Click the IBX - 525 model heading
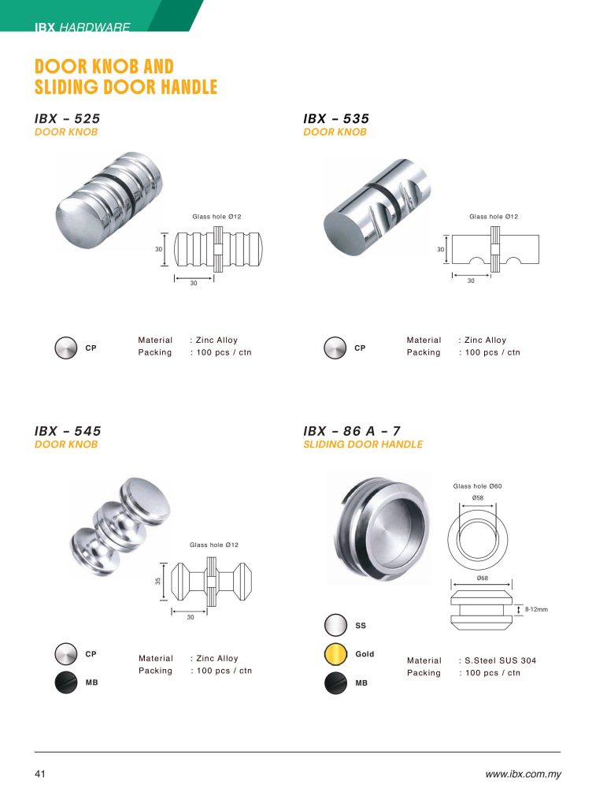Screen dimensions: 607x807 click(68, 118)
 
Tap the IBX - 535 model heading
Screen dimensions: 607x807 click(336, 118)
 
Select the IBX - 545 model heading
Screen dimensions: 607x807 click(68, 431)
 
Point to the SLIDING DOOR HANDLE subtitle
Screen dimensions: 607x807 click(363, 444)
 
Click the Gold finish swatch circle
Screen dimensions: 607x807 click(335, 654)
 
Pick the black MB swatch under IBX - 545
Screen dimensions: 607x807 click(66, 682)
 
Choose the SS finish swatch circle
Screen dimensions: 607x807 click(335, 625)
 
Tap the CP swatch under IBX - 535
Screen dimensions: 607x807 click(335, 348)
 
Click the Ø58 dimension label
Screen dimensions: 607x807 click(477, 498)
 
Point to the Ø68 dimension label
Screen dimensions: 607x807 click(482, 578)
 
